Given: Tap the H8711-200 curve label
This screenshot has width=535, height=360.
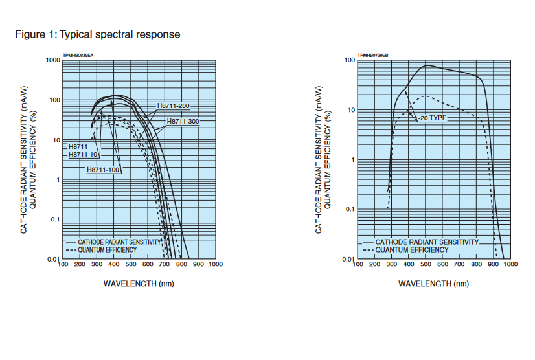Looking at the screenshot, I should point(174,106).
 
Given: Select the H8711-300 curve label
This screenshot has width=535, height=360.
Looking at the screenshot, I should point(183,122).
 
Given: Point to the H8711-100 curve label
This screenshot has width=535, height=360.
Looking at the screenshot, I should point(104,169).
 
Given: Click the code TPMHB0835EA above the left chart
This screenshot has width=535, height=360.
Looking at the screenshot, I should point(78,56).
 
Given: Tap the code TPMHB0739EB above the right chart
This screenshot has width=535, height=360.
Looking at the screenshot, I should point(373,56).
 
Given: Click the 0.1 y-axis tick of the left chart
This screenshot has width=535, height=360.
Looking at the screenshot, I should point(55,219).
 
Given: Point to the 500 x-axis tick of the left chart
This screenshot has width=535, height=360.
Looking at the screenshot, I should point(131,265).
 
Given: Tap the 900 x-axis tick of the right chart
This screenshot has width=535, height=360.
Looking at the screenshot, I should point(494,265).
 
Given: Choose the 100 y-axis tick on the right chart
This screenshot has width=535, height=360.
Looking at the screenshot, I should point(350,60).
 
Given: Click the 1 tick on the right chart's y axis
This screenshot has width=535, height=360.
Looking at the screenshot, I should point(353,160).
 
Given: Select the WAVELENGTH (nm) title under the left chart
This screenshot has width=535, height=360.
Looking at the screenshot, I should point(139,284).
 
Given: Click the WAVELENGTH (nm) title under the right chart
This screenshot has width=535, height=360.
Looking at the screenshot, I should point(433,284).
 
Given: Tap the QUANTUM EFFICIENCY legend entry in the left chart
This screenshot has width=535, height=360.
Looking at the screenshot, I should point(107,249).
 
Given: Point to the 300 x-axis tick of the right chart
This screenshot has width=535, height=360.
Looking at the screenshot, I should point(391,265).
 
